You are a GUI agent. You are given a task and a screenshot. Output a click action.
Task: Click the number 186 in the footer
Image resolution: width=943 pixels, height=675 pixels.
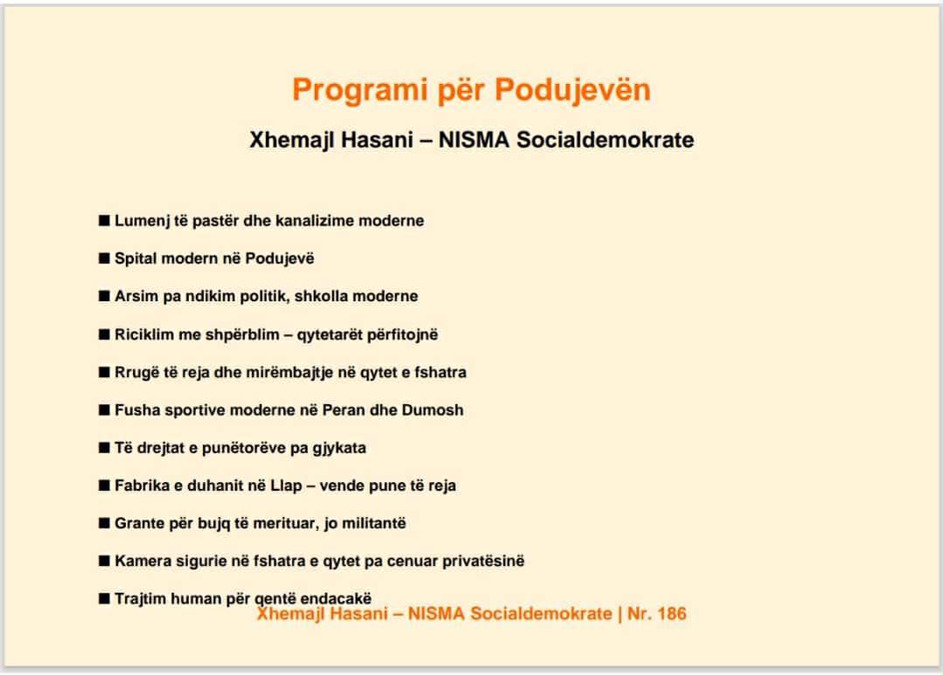pyautogui.click(x=670, y=614)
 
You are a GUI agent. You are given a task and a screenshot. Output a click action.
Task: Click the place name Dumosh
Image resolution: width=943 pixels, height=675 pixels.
pyautogui.click(x=433, y=410)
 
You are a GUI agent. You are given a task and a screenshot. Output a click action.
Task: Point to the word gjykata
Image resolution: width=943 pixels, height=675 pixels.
pyautogui.click(x=337, y=449)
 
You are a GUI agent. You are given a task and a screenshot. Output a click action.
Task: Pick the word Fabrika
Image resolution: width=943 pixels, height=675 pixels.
pyautogui.click(x=143, y=486)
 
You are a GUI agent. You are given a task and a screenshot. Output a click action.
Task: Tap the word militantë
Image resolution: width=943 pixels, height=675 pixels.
pyautogui.click(x=373, y=524)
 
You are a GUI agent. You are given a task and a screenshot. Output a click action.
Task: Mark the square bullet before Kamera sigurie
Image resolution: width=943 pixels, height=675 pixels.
pyautogui.click(x=104, y=561)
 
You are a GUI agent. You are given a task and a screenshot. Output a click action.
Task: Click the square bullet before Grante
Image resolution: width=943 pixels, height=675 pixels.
pyautogui.click(x=104, y=523)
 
